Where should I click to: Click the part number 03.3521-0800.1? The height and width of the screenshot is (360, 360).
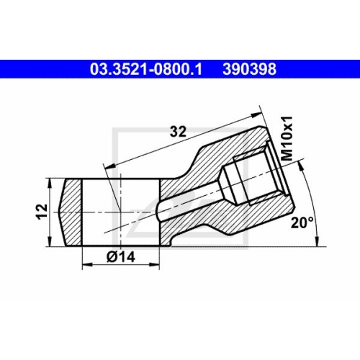(146, 69)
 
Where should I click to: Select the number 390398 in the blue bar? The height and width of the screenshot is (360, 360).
(249, 69)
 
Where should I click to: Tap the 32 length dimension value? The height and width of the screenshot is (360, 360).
(178, 132)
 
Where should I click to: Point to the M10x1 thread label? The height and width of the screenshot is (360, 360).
(287, 138)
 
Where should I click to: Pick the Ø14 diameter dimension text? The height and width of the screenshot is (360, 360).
(121, 257)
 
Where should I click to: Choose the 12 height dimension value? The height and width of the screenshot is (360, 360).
(42, 211)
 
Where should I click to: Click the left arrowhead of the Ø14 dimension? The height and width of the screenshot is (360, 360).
(87, 264)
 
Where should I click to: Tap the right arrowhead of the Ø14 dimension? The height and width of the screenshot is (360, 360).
(154, 264)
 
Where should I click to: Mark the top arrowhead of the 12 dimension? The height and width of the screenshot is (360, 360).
(50, 183)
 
